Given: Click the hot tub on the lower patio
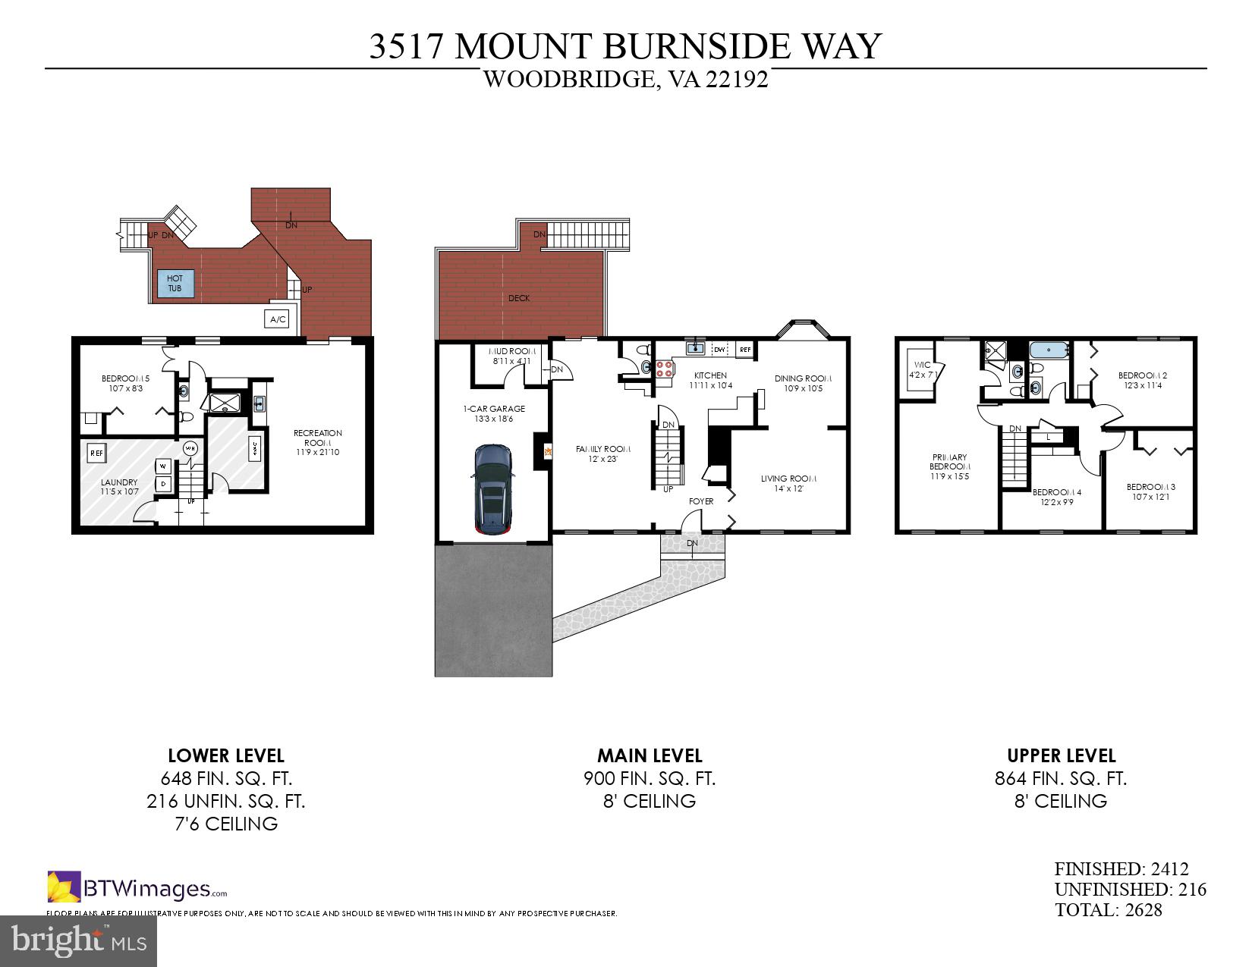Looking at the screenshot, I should (x=175, y=284).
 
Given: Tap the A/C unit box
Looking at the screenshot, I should (x=278, y=319).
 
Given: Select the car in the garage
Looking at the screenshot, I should (x=493, y=489).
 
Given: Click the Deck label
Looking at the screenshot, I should (x=519, y=298).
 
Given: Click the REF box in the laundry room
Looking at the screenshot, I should (x=96, y=454).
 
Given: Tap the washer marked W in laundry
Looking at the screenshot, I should (x=163, y=466).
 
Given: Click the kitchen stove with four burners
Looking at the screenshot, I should (x=665, y=369).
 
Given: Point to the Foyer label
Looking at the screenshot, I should (x=700, y=501).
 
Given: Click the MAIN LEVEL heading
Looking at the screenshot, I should (x=650, y=755).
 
